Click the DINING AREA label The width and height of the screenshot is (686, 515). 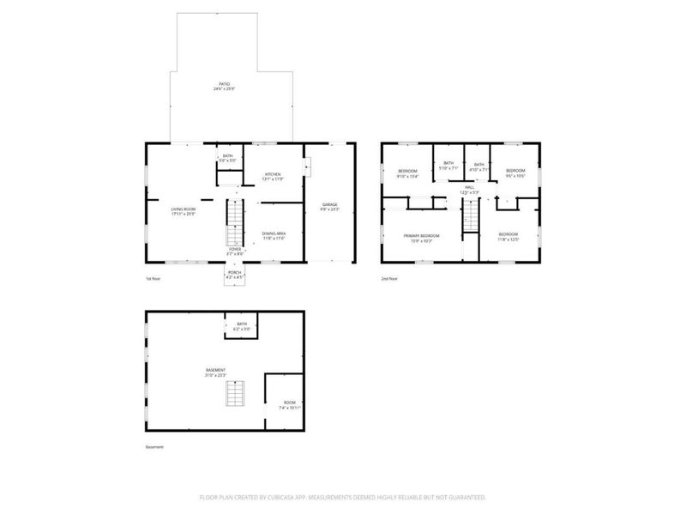tap(274, 235)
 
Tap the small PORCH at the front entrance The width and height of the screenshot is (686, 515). tap(234, 275)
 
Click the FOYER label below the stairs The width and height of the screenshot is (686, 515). tap(234, 251)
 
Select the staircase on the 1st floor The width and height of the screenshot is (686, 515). tap(234, 223)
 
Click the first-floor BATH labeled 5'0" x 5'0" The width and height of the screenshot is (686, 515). tap(227, 158)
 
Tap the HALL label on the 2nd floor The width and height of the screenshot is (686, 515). tap(469, 189)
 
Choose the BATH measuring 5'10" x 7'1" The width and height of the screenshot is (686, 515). tap(448, 166)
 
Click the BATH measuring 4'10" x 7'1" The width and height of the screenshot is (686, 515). tap(478, 167)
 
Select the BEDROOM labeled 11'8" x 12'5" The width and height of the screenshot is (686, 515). tap(508, 236)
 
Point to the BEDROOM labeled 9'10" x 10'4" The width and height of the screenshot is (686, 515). tap(407, 173)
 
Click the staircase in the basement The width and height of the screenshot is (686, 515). tap(234, 394)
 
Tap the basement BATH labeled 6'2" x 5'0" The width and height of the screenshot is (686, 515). tap(243, 326)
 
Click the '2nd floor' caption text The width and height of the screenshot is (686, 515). tap(390, 279)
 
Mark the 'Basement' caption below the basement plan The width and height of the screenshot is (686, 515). tap(154, 447)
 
